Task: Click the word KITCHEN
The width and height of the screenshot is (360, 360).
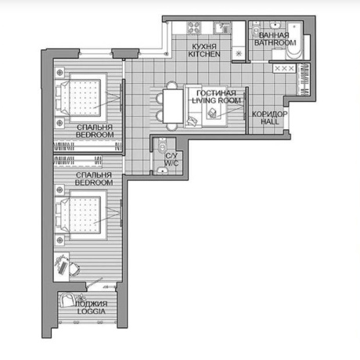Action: point(204,54)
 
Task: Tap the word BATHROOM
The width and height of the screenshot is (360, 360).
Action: point(275,42)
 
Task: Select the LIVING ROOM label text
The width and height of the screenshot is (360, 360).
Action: point(216,100)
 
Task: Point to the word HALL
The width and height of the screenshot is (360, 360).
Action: point(270,121)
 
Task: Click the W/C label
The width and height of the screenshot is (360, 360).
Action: point(171,164)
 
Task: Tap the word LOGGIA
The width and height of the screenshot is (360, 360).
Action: point(92,311)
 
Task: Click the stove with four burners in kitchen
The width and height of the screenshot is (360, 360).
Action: point(194,27)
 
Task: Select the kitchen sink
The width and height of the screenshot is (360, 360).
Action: point(222,28)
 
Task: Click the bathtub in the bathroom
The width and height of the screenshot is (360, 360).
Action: point(294,41)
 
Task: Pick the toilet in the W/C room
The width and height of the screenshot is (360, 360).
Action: point(163,146)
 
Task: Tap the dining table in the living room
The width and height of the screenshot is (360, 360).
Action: point(173,106)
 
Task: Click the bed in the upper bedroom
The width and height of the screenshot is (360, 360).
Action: point(81,97)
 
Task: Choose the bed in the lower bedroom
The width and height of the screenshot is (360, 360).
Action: point(81,215)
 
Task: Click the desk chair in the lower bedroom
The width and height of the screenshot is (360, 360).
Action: point(74,268)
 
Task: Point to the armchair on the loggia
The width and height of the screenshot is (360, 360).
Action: point(67,300)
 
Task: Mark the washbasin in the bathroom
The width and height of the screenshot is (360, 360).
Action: point(275,25)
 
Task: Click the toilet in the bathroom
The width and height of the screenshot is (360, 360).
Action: point(256,31)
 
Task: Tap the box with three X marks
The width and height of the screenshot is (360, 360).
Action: point(284,69)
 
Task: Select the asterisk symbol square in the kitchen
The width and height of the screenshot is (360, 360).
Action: point(239,54)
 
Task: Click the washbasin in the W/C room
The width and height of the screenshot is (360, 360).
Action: point(163,171)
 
